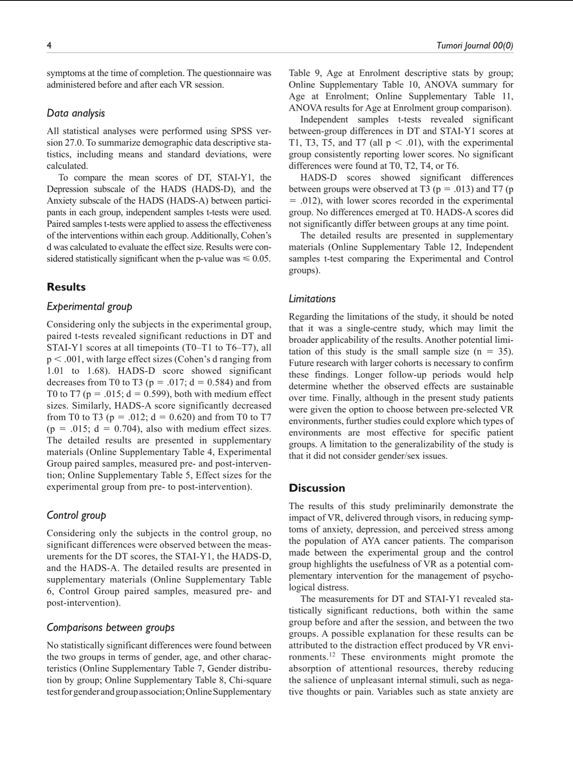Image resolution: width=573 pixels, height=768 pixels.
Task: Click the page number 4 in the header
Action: [x=49, y=45]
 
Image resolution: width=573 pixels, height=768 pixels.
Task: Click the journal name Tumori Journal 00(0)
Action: [x=475, y=45]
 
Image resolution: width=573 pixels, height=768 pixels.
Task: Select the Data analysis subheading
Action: [x=76, y=113]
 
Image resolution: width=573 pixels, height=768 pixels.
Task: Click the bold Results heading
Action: [x=66, y=287]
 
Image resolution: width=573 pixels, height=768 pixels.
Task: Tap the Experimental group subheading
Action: [x=89, y=306]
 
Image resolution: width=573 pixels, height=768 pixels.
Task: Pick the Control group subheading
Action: [x=76, y=515]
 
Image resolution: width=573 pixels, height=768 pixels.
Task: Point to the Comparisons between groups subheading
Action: [x=111, y=627]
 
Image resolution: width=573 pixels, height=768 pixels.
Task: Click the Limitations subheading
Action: [x=312, y=299]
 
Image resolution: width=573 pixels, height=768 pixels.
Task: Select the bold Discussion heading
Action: [x=317, y=488]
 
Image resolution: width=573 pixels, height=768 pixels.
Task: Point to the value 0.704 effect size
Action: [x=134, y=429]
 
